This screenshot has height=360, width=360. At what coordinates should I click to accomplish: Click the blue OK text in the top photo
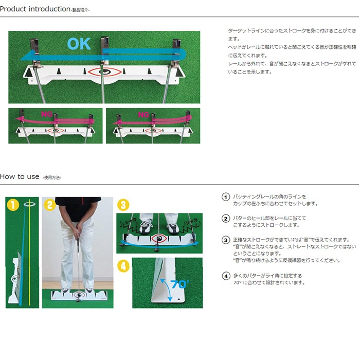(x=80, y=44)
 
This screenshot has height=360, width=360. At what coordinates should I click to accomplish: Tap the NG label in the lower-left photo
(x=47, y=115)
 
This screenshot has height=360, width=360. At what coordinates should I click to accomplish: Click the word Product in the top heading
(x=16, y=9)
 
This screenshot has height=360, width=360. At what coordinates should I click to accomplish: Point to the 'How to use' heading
(x=20, y=176)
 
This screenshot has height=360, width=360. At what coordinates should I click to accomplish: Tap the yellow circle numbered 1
(x=13, y=205)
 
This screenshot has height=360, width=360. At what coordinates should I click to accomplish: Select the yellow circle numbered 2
(x=50, y=205)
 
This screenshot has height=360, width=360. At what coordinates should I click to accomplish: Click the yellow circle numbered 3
(x=123, y=205)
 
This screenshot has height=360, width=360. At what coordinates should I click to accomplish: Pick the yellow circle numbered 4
(x=123, y=266)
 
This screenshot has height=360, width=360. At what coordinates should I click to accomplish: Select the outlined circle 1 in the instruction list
(x=225, y=197)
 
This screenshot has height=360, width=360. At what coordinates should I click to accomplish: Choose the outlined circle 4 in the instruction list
(x=225, y=276)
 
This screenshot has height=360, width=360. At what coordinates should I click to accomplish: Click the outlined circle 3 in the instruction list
(x=225, y=240)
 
